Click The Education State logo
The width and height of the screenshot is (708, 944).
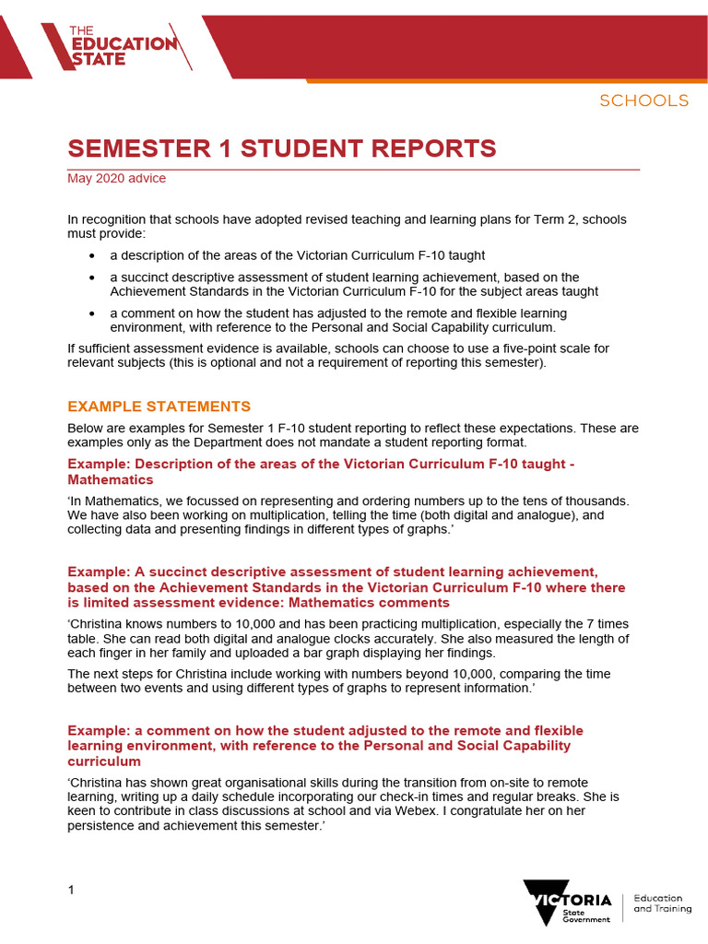121,44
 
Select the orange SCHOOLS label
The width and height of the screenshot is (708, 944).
643,100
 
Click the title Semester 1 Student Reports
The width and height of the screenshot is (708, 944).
282,148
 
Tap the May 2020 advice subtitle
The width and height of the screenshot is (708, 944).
116,178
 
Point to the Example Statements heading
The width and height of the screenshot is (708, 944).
159,407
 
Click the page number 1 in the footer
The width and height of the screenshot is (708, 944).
71,890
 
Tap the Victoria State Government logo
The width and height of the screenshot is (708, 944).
568,901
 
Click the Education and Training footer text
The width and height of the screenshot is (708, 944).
658,903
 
